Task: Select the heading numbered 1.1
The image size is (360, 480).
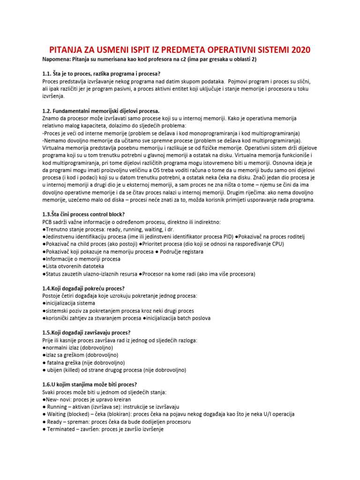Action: tap(101, 74)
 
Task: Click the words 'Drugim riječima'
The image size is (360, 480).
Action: tap(252, 192)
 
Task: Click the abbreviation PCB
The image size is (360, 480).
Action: tap(48, 222)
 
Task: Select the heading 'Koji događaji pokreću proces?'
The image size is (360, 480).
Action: tap(87, 288)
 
